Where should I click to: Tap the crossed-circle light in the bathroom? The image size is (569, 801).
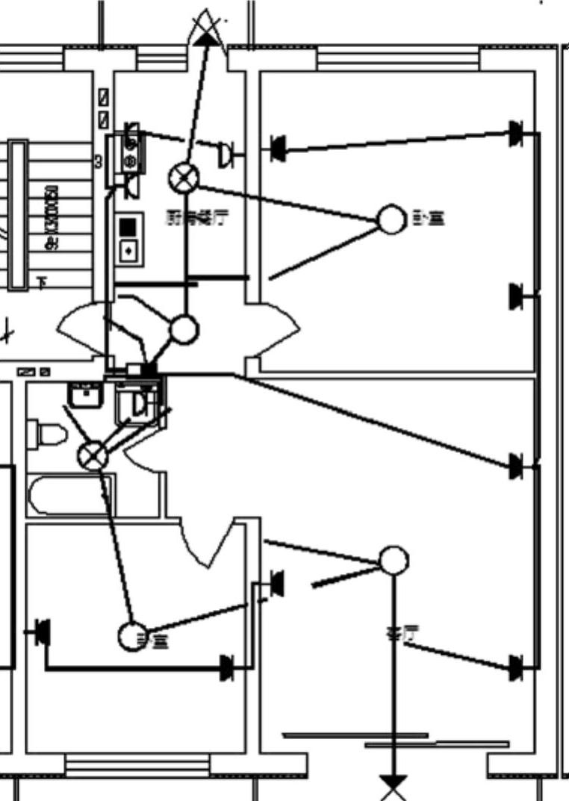pos(93,454)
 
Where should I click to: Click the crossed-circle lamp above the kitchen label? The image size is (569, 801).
pos(184,177)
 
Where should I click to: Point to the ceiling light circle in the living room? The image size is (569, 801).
pos(394,560)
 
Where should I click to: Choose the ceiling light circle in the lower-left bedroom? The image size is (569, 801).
pos(133,636)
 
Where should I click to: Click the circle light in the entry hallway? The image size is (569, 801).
pos(184,329)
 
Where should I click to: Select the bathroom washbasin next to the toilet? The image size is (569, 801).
pos(85,394)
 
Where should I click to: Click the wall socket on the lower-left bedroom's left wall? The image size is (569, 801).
pos(42,632)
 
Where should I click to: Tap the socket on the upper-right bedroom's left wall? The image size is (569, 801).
pos(278,148)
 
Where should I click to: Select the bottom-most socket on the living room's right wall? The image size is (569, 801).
pos(516,667)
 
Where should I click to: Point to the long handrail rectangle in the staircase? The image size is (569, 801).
pos(18,214)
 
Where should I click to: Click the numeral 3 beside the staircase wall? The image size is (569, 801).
pos(98,161)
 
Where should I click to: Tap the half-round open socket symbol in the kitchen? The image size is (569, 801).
pos(224,155)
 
